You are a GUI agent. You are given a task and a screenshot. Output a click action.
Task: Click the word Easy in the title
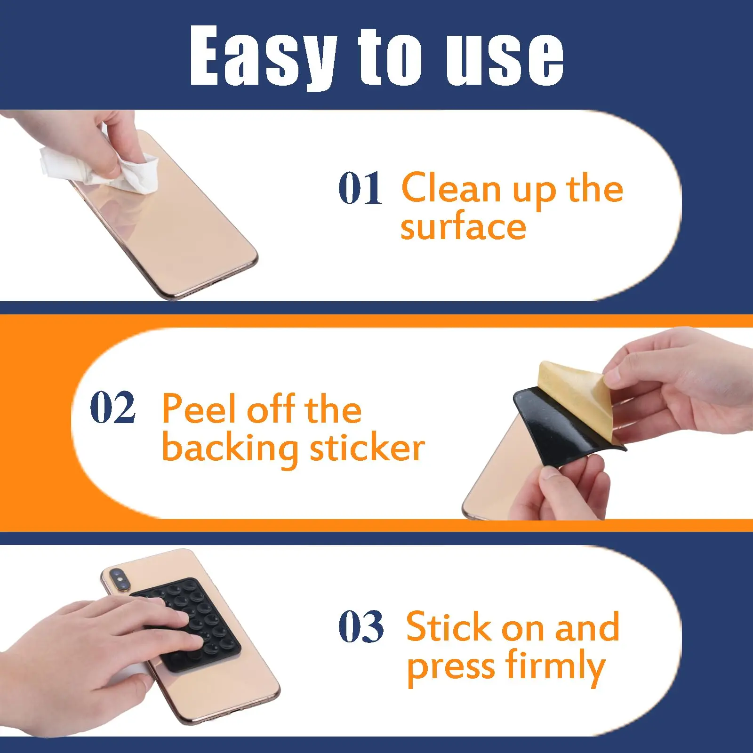coord(264,56)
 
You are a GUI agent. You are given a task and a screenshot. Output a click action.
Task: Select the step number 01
coord(360,188)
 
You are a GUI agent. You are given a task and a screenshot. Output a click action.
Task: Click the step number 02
coord(112,407)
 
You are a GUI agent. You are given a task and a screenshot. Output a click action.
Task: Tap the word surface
coord(463,227)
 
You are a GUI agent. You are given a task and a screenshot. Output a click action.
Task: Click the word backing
coord(230,449)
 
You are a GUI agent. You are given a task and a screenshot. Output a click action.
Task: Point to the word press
coord(451,670)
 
